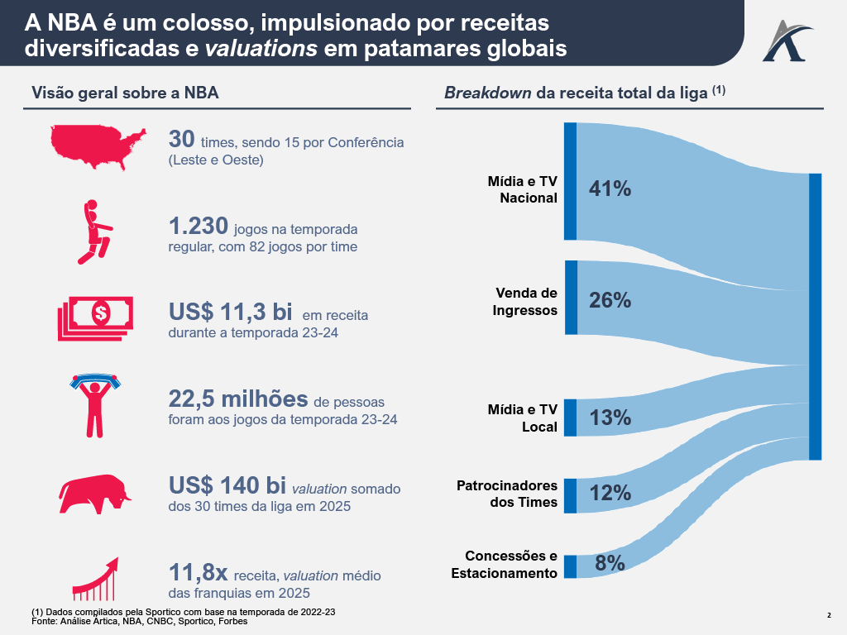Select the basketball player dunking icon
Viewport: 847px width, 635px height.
(93, 231)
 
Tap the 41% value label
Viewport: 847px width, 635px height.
(610, 189)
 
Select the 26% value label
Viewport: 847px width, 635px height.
(610, 301)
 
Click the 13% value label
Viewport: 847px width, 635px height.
(610, 418)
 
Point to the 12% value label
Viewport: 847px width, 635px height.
(610, 494)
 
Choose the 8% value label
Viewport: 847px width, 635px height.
(610, 564)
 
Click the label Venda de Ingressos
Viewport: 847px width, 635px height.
(526, 302)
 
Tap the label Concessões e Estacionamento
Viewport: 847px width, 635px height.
(505, 565)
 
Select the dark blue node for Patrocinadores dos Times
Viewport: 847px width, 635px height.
(570, 495)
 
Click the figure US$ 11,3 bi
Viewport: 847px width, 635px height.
(230, 313)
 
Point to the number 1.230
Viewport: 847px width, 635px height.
(198, 226)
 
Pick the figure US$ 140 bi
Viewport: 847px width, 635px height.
(227, 485)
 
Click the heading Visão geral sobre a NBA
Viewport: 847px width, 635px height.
(125, 93)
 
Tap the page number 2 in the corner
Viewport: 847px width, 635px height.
(829, 614)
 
